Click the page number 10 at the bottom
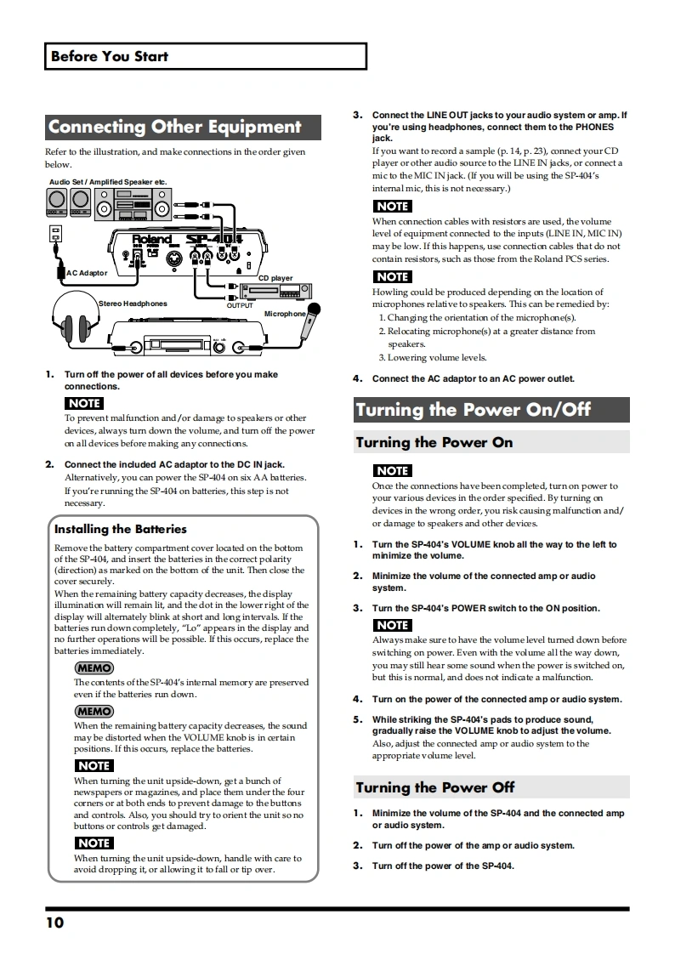coord(55,923)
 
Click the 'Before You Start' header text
coord(110,56)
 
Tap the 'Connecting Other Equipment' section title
coord(175,128)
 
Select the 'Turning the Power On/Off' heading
coord(473,410)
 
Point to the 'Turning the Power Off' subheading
coord(435,787)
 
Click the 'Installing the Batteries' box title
coord(121,529)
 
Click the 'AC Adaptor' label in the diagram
coord(88,273)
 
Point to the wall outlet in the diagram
coord(56,232)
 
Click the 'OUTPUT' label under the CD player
coord(240,305)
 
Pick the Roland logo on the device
coord(151,240)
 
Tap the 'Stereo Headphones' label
coord(133,304)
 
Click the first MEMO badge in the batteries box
coord(94,668)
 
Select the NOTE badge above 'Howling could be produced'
coord(392,276)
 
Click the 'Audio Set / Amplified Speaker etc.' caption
coord(107,182)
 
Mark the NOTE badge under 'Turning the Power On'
coord(392,470)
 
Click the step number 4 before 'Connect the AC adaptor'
coord(358,379)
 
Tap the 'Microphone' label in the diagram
coord(285,314)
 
